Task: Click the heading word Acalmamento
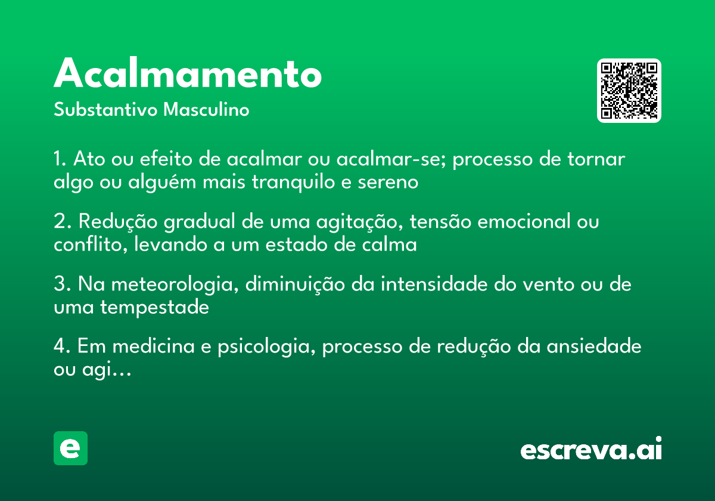pyautogui.click(x=188, y=75)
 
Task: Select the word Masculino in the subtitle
pyautogui.click(x=206, y=110)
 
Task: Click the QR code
pyautogui.click(x=629, y=91)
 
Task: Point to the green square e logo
pyautogui.click(x=70, y=448)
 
